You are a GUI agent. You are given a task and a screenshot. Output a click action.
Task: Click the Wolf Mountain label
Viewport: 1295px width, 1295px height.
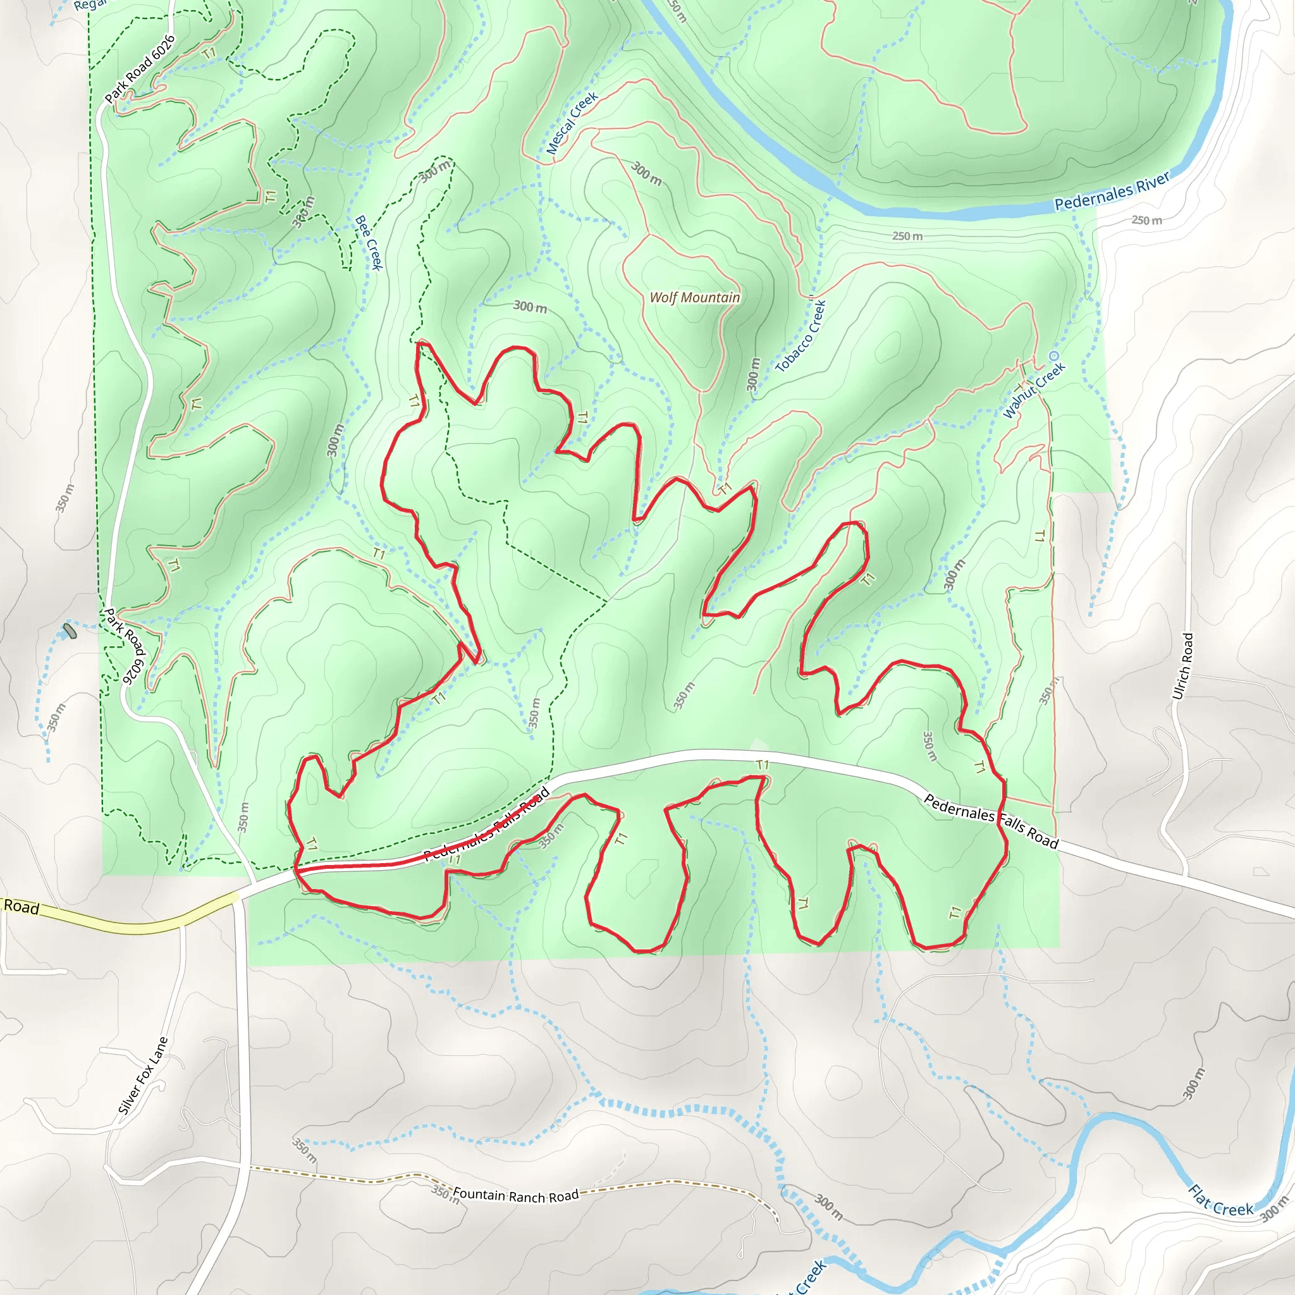pos(695,297)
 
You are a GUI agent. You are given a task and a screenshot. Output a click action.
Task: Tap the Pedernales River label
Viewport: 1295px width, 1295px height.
pos(1112,191)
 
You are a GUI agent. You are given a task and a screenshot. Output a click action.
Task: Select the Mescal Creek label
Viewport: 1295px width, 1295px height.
pos(572,123)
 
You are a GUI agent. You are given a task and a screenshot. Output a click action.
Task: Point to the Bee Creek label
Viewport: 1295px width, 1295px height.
pos(368,242)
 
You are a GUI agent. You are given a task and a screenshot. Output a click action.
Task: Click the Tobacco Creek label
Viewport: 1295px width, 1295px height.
pos(801,335)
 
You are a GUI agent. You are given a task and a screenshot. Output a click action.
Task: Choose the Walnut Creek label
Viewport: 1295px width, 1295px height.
pos(1034,390)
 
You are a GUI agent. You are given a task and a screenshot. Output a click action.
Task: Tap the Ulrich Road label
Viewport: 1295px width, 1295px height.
pos(1182,666)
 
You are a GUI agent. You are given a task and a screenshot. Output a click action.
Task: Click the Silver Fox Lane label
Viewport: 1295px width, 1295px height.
pos(143,1076)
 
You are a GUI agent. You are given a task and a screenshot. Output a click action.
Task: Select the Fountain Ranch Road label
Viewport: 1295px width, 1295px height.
pos(515,1194)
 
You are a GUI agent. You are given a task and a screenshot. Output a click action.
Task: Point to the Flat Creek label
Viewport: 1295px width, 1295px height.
pos(1220,1200)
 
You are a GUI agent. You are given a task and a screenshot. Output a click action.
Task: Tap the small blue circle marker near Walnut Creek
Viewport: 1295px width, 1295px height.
pos(1053,356)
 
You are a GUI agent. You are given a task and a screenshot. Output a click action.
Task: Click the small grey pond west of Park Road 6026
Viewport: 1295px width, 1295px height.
pos(70,630)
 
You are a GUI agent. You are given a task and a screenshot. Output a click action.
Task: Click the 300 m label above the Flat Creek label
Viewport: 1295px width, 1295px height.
pos(1194,1102)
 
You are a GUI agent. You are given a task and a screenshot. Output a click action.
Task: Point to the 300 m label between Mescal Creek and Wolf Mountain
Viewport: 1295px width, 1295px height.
pos(646,174)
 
